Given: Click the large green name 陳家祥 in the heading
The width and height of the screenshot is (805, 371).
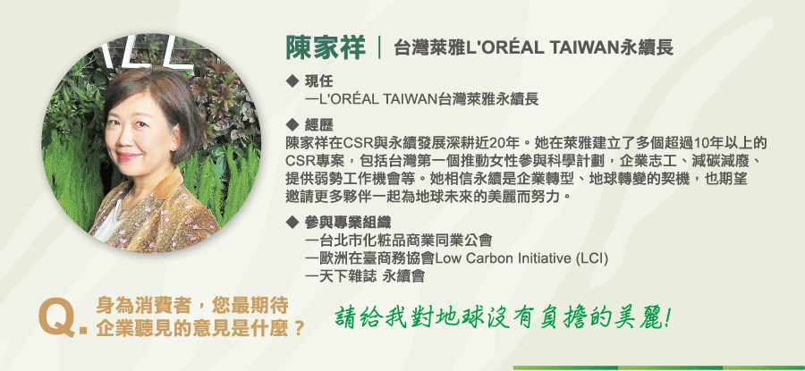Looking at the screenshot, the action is (x=326, y=48).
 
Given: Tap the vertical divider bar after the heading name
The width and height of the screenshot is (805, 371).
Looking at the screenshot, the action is (x=379, y=48).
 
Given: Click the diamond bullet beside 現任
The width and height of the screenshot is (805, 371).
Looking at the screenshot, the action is (x=292, y=80).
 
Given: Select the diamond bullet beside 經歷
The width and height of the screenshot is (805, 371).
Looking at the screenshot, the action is (x=292, y=124).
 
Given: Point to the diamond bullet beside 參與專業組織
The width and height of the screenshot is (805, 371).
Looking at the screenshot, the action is (x=292, y=223).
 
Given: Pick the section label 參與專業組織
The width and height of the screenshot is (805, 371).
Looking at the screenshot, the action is (x=348, y=223).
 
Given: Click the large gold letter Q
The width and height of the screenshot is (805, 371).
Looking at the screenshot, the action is (x=57, y=319).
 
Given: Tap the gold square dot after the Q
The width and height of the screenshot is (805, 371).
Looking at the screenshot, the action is (x=83, y=331).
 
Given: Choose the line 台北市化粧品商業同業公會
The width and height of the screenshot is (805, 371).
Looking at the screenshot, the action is (x=399, y=240).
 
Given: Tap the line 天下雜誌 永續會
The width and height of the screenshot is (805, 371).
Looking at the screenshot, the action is (x=365, y=276).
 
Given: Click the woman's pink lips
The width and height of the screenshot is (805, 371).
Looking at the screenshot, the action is (x=130, y=156).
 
